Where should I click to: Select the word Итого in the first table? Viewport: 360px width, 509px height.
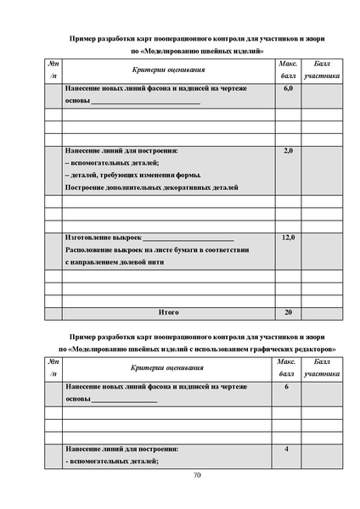pos(168,312)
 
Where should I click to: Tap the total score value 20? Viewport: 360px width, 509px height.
pos(287,312)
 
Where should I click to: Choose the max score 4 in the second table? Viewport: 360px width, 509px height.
pos(287,448)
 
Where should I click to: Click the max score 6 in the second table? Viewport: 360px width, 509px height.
pos(287,386)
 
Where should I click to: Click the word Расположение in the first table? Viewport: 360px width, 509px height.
pos(88,250)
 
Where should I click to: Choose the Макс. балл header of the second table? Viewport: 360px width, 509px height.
pos(287,367)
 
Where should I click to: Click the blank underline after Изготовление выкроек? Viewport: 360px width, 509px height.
pos(188,239)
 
